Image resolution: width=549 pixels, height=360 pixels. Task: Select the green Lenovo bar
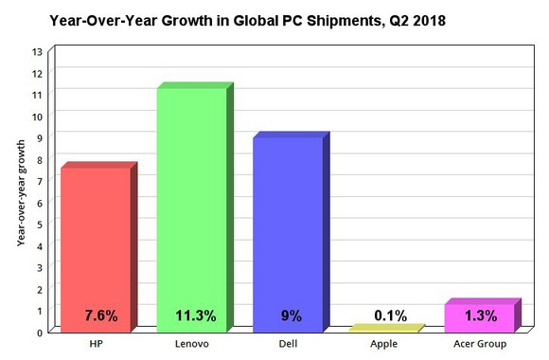192,208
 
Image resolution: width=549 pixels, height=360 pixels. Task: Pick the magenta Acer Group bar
480,316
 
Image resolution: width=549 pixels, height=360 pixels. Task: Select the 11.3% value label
196,315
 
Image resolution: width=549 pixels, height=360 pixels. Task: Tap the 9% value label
291,315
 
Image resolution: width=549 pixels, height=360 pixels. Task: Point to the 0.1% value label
389,315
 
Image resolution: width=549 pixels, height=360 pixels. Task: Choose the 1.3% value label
484,315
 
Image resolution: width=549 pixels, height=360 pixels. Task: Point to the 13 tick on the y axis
37,51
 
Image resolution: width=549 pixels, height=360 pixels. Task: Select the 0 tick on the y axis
38,332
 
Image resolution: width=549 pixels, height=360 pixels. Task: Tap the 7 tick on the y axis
38,181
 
